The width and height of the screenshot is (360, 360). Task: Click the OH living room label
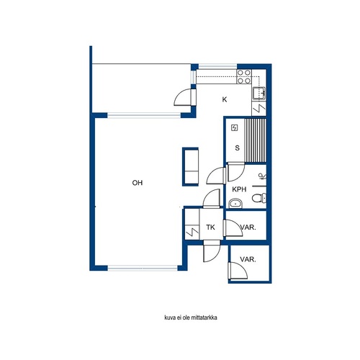(x=138, y=183)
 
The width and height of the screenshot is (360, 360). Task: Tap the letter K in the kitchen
(x=225, y=99)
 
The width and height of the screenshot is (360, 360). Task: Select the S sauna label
(x=237, y=148)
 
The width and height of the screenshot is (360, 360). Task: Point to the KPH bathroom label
(x=239, y=189)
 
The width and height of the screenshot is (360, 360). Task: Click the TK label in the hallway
(x=210, y=227)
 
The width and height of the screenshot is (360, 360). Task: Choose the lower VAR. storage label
(x=248, y=259)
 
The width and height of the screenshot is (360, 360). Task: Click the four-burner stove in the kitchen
(x=244, y=76)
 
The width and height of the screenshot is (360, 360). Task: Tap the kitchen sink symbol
(x=258, y=93)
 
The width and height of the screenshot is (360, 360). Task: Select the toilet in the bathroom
(x=259, y=198)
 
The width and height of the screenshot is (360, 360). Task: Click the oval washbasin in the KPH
(x=235, y=204)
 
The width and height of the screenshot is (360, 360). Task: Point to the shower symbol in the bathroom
(x=262, y=177)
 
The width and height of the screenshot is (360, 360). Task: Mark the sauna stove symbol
(x=235, y=127)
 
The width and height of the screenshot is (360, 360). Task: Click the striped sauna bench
(x=256, y=141)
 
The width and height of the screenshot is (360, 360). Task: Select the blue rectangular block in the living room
(x=190, y=167)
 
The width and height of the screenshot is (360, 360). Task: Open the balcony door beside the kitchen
(x=186, y=97)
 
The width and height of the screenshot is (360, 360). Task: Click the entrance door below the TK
(x=211, y=251)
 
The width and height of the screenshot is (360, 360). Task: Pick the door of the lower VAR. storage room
(x=238, y=271)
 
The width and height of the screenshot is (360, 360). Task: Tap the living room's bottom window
(x=143, y=268)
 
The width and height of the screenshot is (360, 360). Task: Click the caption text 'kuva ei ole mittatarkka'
(x=191, y=318)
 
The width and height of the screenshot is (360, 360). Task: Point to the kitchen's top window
(x=217, y=66)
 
